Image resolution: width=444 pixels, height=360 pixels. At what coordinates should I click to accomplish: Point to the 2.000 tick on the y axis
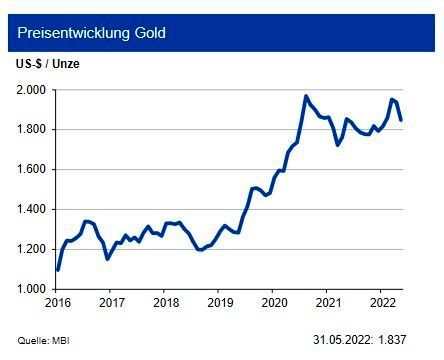point(30,90)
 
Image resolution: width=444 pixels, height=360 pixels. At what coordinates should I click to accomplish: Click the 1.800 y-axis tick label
point(30,130)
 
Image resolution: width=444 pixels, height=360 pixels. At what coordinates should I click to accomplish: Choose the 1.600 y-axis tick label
point(30,170)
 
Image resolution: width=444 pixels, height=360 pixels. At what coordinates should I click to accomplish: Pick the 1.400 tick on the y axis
point(30,210)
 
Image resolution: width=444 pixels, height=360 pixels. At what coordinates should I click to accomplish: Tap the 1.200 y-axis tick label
point(30,250)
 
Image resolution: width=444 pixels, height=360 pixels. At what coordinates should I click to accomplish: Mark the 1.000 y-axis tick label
point(30,290)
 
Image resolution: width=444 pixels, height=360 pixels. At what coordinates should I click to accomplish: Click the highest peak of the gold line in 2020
point(306,96)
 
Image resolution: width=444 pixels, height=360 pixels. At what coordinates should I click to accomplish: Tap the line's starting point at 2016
point(57,270)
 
